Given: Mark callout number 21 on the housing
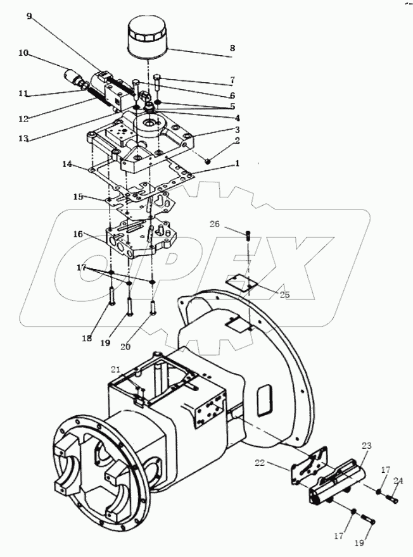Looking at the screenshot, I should [x=115, y=370].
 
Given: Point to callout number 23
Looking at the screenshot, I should [x=365, y=446].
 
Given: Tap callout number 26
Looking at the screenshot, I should [x=215, y=223].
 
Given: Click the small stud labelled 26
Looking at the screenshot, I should [x=248, y=235].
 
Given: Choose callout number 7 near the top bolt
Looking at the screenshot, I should [x=232, y=80].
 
